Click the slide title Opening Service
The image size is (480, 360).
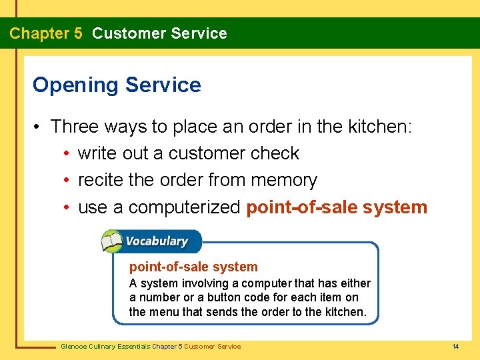(x=117, y=85)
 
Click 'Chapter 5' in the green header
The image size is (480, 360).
(x=46, y=33)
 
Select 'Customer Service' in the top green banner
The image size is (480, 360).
(x=159, y=33)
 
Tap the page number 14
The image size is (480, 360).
(x=455, y=346)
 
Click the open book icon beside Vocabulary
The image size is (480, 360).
(x=112, y=241)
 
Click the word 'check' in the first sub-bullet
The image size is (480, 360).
(x=275, y=153)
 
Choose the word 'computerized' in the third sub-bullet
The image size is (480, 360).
(x=184, y=208)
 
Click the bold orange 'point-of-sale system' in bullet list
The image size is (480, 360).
(x=337, y=208)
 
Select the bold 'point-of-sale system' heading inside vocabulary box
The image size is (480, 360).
(x=193, y=267)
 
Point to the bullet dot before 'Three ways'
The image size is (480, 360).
(x=39, y=127)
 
